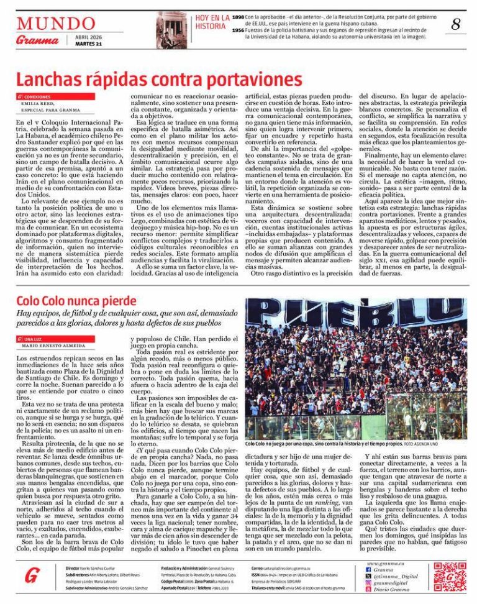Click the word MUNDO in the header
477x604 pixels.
[43, 24]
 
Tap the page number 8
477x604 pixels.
[456, 24]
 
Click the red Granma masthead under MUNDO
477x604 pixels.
[37, 40]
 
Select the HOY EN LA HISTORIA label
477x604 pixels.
[212, 22]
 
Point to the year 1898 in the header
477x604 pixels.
[238, 17]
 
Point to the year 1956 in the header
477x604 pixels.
[238, 29]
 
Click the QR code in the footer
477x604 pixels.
[450, 577]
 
